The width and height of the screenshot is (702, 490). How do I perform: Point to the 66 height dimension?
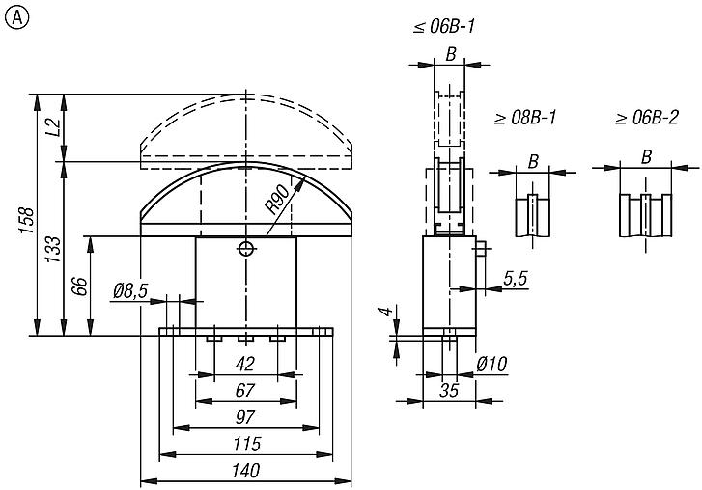[80, 286]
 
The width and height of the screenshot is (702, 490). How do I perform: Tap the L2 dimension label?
[55, 126]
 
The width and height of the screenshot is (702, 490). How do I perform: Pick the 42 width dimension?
[245, 365]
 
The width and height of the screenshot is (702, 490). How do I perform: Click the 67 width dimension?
[245, 391]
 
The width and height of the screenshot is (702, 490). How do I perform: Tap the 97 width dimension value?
[245, 417]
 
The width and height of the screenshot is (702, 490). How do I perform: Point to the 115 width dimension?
[245, 444]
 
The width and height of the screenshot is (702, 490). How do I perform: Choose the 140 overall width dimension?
[245, 470]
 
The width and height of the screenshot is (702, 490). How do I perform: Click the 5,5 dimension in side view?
[516, 279]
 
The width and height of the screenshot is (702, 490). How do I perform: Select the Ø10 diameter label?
[491, 364]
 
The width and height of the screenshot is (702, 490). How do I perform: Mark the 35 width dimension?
[449, 390]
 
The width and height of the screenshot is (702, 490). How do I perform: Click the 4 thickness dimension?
[384, 313]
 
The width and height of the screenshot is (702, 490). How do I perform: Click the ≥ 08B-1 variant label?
[526, 119]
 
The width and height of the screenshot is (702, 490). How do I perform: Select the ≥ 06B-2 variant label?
[647, 119]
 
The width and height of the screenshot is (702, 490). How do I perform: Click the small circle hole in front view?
[247, 249]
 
